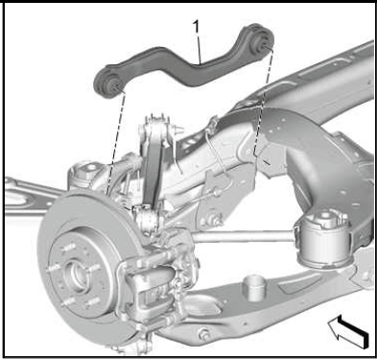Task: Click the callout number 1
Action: pos(196,27)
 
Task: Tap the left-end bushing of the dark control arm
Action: pos(109,84)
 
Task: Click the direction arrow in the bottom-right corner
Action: pos(348,331)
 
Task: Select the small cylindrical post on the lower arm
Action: pos(253,287)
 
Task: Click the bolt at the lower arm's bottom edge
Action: pos(203,334)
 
